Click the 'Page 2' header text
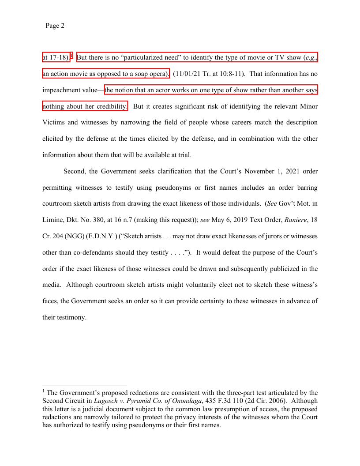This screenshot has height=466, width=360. pos(55,26)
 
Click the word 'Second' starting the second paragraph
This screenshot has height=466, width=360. pos(75,171)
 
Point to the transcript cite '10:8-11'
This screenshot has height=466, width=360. pos(232,74)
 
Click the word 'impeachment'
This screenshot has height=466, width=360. pos(61,90)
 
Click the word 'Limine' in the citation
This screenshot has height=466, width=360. pos(53,220)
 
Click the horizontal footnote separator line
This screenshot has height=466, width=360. pos(84,385)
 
